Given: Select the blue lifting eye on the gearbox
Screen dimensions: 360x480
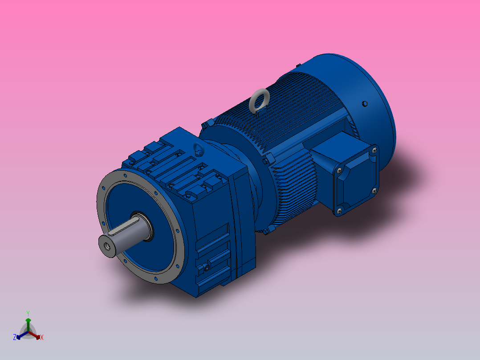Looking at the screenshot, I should (198, 148).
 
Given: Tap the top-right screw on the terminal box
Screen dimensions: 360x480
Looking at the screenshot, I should (373, 151).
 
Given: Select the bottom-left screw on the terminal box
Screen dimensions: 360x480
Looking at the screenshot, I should (341, 210).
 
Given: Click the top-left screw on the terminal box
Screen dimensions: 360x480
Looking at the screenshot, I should (340, 169).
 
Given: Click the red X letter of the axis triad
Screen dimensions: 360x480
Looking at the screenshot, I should (42, 338).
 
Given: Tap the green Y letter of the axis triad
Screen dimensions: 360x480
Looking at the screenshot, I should (28, 313).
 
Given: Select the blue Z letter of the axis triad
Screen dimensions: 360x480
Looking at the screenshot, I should (15, 337).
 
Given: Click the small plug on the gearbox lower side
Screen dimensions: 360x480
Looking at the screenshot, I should (207, 268).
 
